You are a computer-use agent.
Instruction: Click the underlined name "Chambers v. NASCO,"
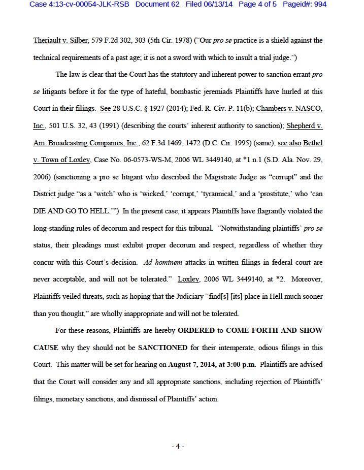289,109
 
